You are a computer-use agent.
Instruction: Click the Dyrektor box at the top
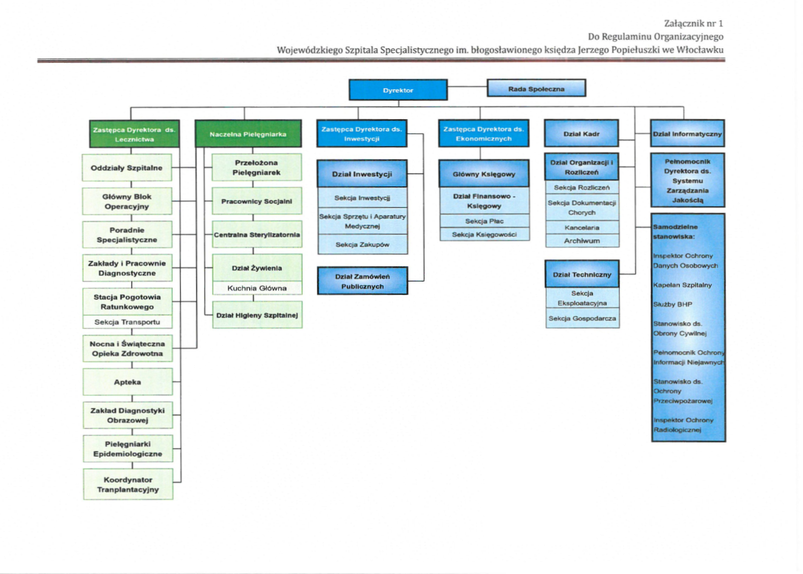coord(398,90)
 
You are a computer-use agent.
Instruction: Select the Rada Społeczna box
coord(536,88)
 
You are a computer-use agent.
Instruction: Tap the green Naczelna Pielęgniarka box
coord(248,134)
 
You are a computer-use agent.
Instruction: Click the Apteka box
coord(128,382)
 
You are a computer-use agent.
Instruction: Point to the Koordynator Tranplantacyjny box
coord(128,484)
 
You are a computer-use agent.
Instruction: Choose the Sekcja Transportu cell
coord(127,322)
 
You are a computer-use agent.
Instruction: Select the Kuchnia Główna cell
coord(257,288)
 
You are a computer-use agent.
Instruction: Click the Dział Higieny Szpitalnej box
coord(257,315)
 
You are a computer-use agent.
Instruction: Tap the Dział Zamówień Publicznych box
coord(362,281)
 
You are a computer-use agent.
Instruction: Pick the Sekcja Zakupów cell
coord(362,245)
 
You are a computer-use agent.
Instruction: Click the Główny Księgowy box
coord(484,174)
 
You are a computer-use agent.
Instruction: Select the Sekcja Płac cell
coord(484,221)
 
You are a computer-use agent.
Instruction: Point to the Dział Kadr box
coord(581,134)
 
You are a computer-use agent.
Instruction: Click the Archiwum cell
coord(582,241)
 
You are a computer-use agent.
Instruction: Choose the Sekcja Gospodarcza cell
coord(582,318)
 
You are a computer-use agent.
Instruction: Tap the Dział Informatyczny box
coord(687,134)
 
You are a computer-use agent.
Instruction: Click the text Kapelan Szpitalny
coord(682,285)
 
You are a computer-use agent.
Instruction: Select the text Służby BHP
coord(672,304)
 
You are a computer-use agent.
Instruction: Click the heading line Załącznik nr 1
coord(694,24)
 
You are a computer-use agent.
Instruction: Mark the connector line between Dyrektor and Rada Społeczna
coord(467,87)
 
